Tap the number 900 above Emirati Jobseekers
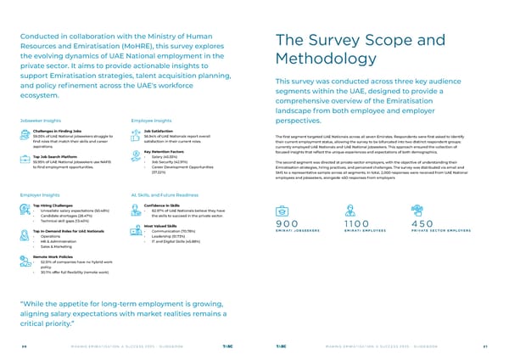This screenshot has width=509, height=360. point(289,223)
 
